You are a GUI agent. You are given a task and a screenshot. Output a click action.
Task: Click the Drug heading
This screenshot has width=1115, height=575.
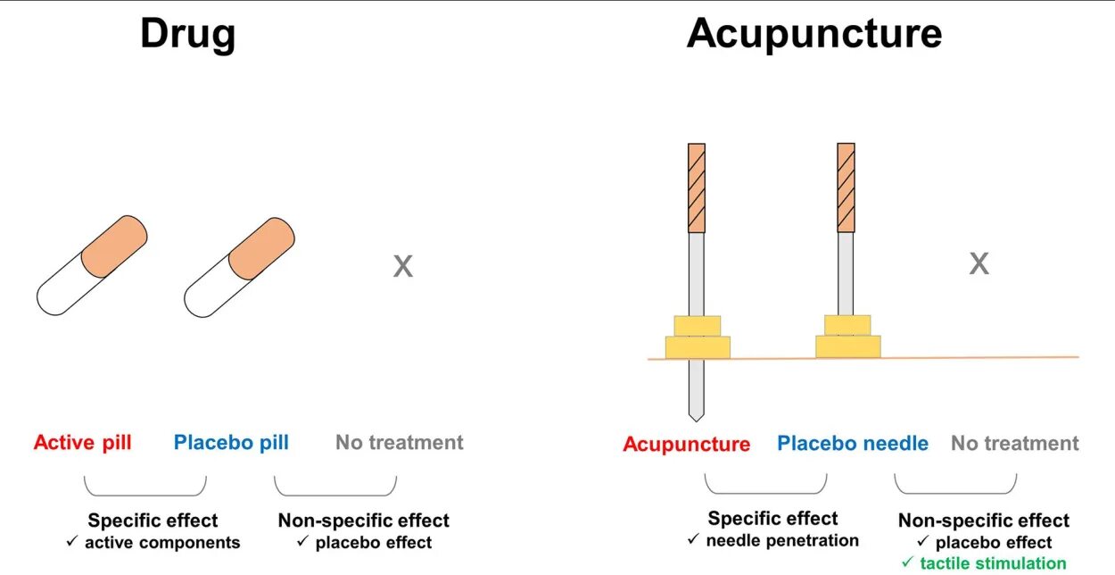(x=187, y=34)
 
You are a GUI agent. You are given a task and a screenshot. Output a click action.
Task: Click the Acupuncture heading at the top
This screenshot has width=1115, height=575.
(x=814, y=34)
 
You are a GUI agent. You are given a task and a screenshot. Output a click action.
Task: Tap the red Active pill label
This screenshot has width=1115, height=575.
(x=82, y=442)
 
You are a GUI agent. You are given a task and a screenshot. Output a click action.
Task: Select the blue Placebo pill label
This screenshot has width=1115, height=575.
(x=231, y=442)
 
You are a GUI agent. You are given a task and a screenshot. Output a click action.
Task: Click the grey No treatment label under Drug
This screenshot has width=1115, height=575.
(x=399, y=442)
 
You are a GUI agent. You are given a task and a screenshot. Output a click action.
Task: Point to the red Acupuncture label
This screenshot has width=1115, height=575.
(x=686, y=444)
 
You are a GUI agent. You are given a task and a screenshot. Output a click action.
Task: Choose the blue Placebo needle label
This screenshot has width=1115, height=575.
(x=852, y=443)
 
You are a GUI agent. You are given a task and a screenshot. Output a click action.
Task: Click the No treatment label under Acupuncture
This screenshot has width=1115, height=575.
(x=1014, y=443)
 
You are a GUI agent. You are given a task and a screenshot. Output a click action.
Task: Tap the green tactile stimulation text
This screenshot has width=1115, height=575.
(x=993, y=562)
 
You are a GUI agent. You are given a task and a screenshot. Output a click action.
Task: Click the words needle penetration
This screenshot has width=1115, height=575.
(x=781, y=540)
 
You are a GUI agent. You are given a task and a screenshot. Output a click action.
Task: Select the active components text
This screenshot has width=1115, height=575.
(x=162, y=543)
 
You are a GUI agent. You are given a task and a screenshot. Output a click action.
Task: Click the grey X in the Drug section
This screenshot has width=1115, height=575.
(x=403, y=266)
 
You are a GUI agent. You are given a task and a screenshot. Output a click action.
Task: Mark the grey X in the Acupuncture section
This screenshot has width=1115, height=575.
(x=979, y=263)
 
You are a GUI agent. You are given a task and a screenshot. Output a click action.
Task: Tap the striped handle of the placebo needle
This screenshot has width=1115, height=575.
(x=846, y=187)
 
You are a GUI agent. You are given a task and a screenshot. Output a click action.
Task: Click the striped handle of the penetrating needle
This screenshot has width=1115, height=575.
(x=697, y=187)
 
